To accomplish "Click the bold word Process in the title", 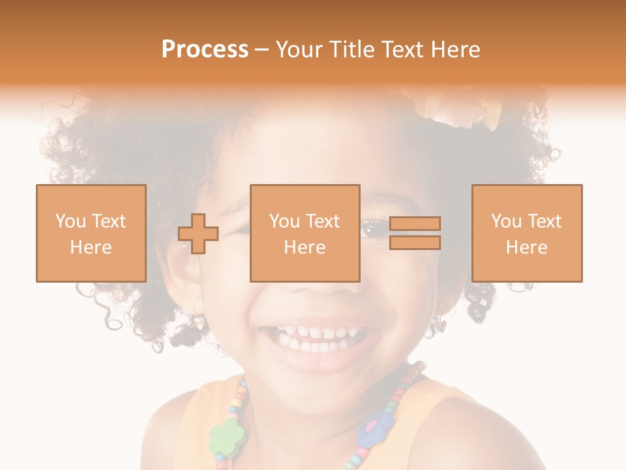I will click(205, 50).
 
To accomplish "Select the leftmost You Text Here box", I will click(91, 233).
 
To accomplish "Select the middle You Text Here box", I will click(305, 233).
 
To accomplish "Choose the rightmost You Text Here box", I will click(526, 233).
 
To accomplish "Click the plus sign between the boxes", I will click(198, 233).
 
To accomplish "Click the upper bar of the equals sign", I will click(415, 224).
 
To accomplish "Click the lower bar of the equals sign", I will click(415, 242).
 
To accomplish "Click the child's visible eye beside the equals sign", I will click(374, 230).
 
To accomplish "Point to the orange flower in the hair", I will click(460, 108).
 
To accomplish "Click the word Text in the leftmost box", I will click(108, 221).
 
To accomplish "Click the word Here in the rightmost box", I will click(526, 247).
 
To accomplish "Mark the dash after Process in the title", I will click(261, 50).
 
